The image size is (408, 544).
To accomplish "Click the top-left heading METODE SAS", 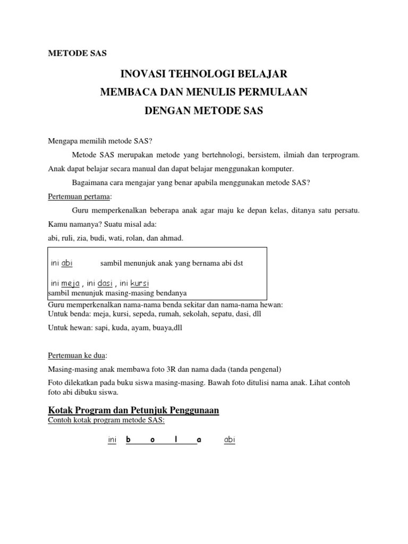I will tap(77, 53).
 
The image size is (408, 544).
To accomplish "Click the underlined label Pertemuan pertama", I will tap(80, 197).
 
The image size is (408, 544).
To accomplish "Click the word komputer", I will tap(274, 169).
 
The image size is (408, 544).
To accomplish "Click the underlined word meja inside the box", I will tap(70, 283).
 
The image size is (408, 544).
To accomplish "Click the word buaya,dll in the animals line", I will tap(166, 328).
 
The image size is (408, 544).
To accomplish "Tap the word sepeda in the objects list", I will tap(142, 314).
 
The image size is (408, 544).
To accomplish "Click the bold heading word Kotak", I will tap(61, 410).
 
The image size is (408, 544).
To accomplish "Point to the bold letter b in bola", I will tap(129, 440).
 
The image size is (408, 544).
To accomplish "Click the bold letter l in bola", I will tap(176, 440).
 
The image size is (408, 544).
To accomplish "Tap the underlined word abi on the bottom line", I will tap(229, 440).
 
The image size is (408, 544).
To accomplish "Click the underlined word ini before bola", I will tap(112, 440).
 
